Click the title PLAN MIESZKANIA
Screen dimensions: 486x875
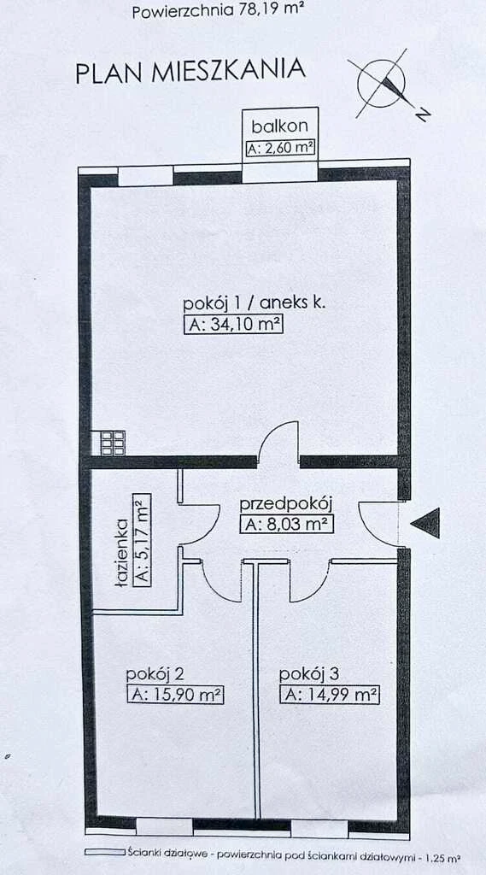(x=190, y=72)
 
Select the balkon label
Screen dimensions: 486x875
(x=279, y=126)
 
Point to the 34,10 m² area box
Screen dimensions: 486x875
(x=233, y=325)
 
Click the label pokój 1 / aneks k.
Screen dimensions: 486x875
(x=255, y=303)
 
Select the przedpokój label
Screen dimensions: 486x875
(x=286, y=505)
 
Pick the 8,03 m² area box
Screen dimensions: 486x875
(x=287, y=526)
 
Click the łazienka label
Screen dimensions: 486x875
(x=123, y=553)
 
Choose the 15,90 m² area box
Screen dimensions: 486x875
(x=175, y=696)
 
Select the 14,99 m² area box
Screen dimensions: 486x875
(x=329, y=696)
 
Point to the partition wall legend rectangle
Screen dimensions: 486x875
(x=105, y=852)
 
